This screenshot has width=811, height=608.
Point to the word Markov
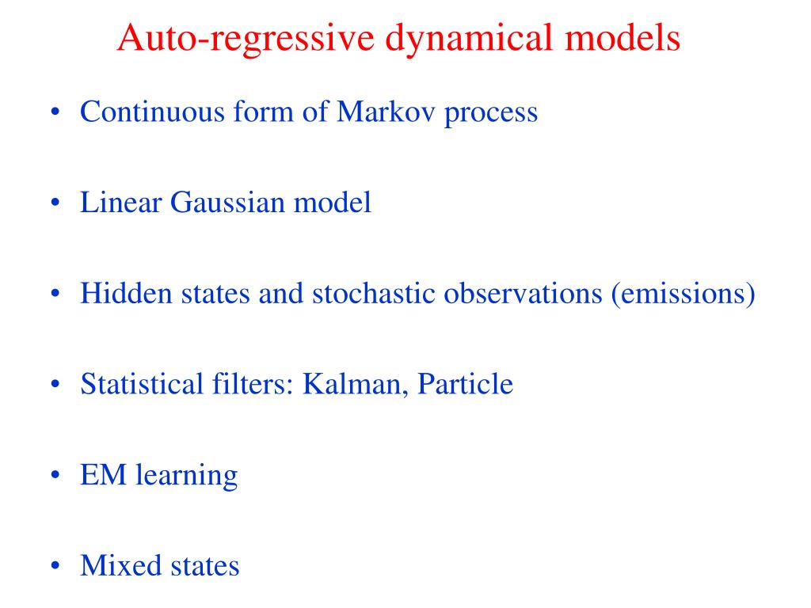pos(386,112)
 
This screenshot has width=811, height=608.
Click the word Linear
pos(120,203)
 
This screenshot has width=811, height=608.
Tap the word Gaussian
pos(229,203)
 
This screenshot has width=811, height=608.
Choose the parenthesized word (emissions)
pos(682,294)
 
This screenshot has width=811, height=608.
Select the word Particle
pos(465,385)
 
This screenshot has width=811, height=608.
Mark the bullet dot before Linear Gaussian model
pos(55,203)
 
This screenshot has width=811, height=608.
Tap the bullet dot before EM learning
pos(55,477)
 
